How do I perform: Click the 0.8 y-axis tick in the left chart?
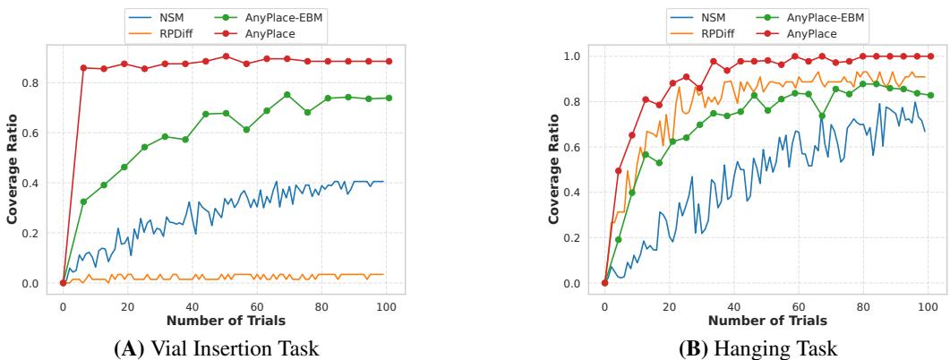(33, 82)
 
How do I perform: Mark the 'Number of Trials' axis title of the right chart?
(767, 321)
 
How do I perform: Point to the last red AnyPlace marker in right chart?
(930, 56)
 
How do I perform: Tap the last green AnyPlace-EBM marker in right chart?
(930, 95)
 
